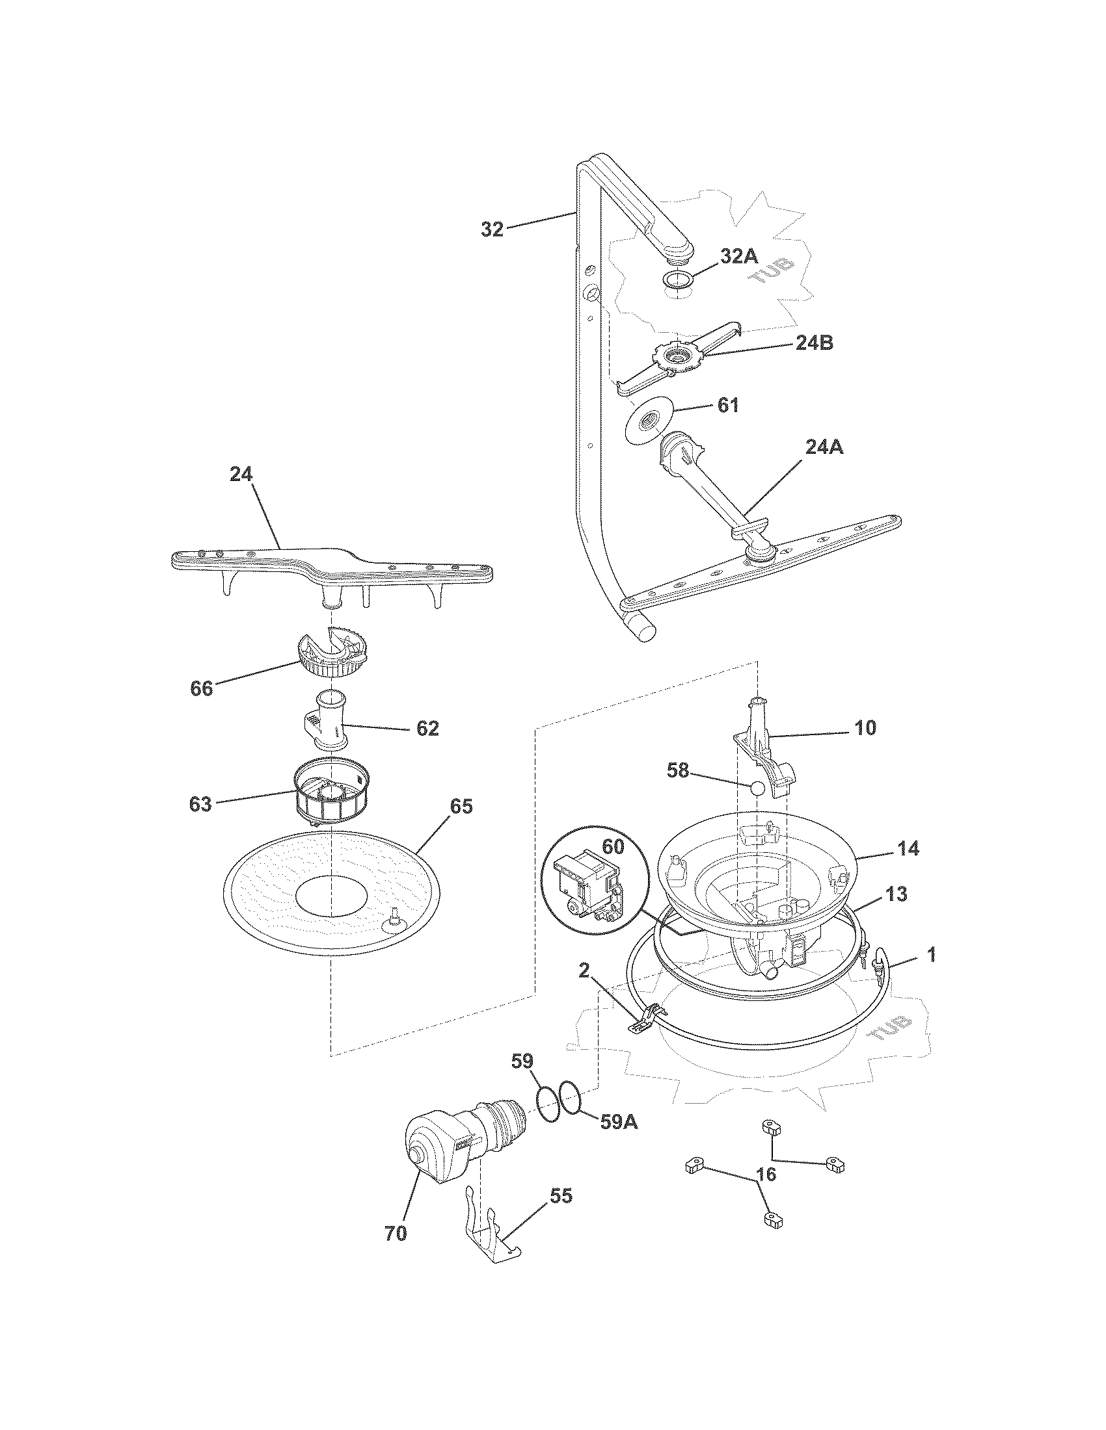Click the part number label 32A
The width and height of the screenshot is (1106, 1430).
coord(738,256)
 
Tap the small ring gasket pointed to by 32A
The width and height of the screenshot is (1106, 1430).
coord(677,279)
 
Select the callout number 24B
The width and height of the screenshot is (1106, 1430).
coord(814,343)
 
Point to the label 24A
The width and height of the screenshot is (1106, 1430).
coord(824,447)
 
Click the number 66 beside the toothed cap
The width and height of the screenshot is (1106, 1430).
coord(202,688)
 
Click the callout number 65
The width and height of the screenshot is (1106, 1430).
coord(461,806)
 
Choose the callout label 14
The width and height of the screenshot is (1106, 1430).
coord(908,848)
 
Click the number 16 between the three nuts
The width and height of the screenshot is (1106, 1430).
coord(766,1175)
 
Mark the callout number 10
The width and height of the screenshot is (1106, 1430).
coord(865,727)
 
